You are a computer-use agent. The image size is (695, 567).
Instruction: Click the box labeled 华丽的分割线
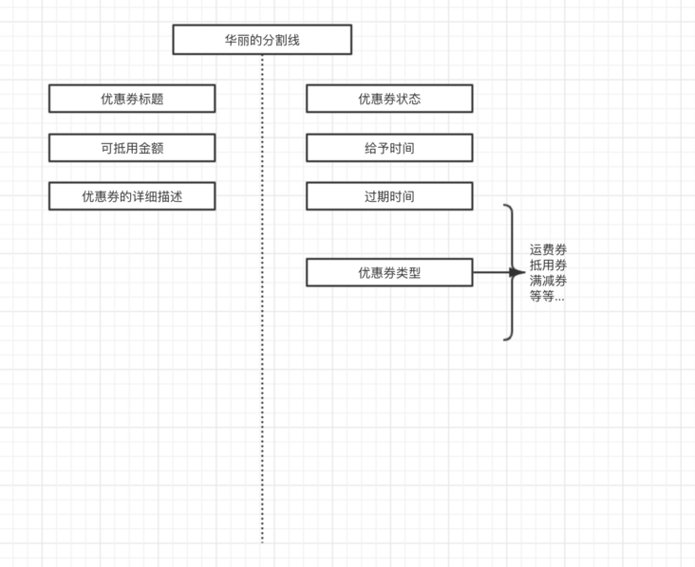[262, 40]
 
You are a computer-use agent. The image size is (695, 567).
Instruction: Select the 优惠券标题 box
[132, 99]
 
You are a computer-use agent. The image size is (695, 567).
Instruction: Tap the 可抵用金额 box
[132, 148]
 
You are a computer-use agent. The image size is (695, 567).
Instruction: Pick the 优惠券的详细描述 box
[132, 196]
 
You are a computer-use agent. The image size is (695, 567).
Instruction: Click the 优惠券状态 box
[389, 99]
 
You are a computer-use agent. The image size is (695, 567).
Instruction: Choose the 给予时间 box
[389, 148]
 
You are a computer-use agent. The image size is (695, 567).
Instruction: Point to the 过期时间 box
[389, 196]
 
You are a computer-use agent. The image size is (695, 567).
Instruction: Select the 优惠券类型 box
[389, 273]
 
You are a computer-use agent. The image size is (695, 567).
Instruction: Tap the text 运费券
[549, 250]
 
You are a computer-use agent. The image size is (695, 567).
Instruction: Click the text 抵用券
[549, 265]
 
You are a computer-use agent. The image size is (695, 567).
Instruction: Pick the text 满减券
[549, 281]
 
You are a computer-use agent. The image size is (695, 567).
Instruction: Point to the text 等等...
[546, 296]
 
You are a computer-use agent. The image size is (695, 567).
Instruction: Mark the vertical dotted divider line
[262, 379]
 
